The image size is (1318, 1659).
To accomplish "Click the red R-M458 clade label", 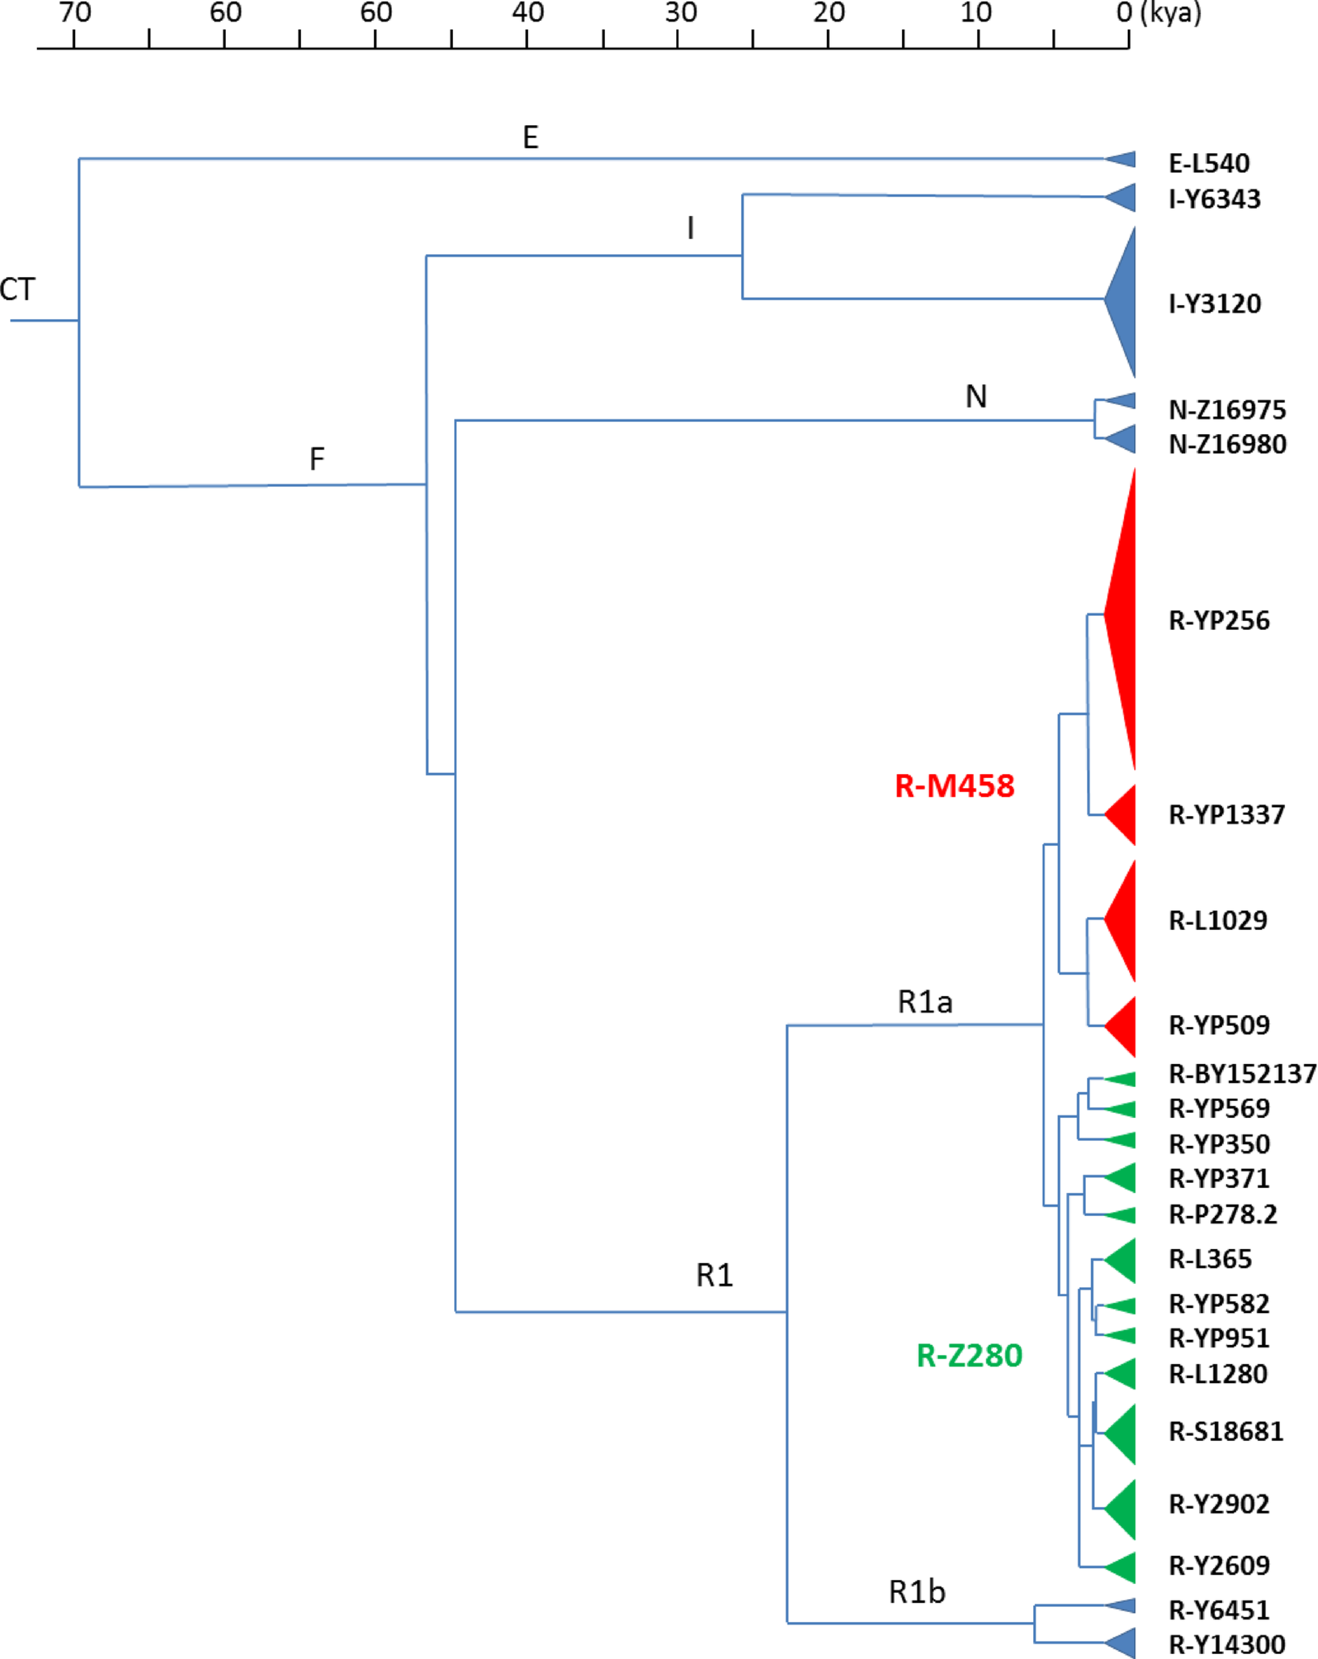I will (x=954, y=786).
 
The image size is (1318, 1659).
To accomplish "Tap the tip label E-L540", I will (x=1209, y=163).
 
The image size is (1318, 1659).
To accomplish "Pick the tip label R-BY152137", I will (x=1242, y=1073).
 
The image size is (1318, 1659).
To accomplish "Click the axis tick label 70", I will (x=75, y=13).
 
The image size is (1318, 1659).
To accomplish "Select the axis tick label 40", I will (x=528, y=13).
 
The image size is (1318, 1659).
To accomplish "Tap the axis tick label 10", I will (x=975, y=13).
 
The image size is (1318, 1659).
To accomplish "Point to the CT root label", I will (x=18, y=289).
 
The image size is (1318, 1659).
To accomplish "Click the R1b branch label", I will (x=916, y=1592).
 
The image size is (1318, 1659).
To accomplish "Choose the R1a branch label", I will (x=925, y=1002).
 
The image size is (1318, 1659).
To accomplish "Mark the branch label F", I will (x=317, y=459).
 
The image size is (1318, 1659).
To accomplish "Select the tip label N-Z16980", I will (x=1227, y=444).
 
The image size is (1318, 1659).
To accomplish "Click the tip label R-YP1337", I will (x=1226, y=814).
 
